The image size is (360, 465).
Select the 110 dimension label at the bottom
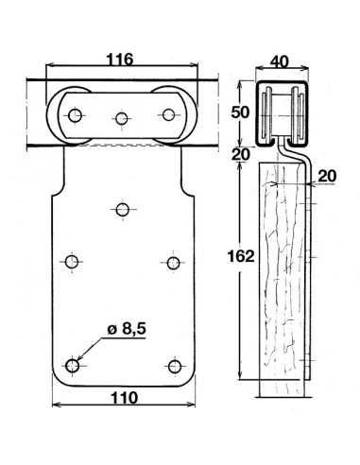click(121, 398)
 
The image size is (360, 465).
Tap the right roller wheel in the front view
click(169, 115)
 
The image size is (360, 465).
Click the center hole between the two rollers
click(121, 118)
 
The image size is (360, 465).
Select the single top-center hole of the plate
click(122, 209)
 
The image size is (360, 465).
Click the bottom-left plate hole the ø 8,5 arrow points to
click(74, 364)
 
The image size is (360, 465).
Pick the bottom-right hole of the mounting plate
click(171, 365)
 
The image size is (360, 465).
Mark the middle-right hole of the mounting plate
click(172, 262)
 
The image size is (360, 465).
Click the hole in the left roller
click(74, 115)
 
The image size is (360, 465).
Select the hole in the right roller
click(169, 115)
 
